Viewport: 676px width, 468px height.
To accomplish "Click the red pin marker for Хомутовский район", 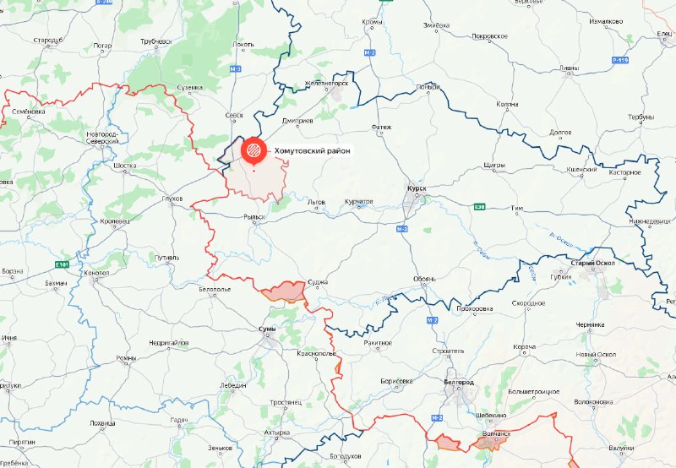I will click(x=253, y=150).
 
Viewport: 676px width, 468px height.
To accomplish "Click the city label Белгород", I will click(x=456, y=383).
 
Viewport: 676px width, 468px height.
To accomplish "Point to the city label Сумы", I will click(x=266, y=329).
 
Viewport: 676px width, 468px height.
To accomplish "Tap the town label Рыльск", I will click(x=254, y=217).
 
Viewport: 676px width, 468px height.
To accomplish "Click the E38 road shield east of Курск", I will click(x=479, y=206).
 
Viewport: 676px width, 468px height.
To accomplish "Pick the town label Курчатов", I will click(x=358, y=203).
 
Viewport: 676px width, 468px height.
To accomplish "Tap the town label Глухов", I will click(x=173, y=199).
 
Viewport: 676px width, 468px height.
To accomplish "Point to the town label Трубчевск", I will click(x=156, y=41).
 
